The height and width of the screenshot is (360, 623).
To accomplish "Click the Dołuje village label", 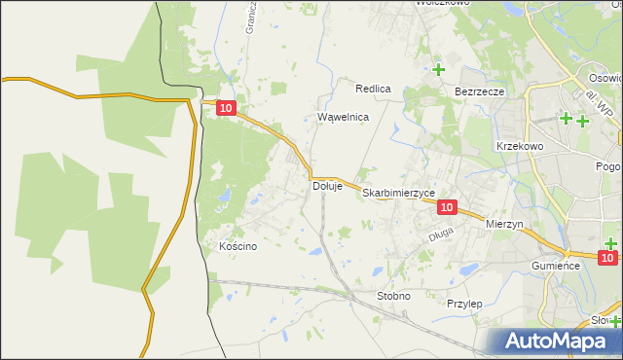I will [x=327, y=186].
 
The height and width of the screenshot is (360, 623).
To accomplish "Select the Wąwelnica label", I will [x=344, y=117].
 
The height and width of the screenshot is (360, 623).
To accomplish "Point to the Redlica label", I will [x=373, y=89].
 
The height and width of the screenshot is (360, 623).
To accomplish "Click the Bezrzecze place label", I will [x=479, y=91].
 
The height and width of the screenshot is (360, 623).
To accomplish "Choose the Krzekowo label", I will [x=519, y=145].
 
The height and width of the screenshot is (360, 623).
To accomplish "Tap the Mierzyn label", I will [x=504, y=223].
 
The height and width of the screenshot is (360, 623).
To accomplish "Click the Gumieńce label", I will [x=556, y=265].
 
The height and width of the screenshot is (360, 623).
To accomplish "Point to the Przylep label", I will [x=464, y=304].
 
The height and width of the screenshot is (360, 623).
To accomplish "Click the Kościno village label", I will [x=238, y=246].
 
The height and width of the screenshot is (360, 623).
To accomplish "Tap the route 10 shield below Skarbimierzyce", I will [x=447, y=207].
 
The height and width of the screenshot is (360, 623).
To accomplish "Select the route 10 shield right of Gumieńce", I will [x=608, y=258].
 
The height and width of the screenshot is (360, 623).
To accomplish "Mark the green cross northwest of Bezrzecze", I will [x=439, y=69].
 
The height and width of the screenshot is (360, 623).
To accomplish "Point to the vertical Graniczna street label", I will [x=250, y=18].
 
